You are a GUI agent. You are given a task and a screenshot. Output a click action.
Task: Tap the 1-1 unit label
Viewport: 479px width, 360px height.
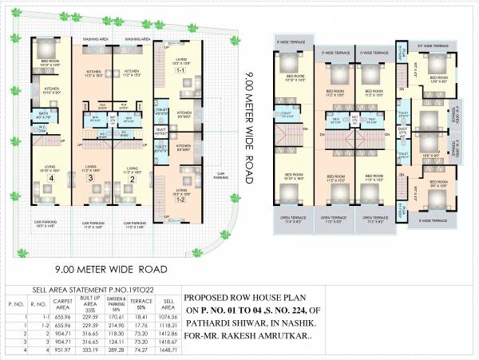(x=180, y=71)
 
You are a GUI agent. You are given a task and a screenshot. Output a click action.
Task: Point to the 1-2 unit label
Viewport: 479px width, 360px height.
(x=180, y=200)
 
